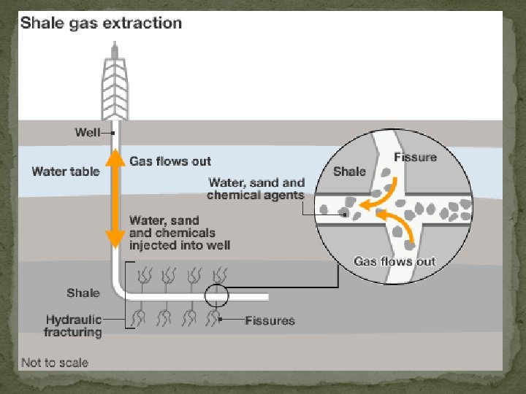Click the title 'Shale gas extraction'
coord(102,23)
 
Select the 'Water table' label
coord(64,171)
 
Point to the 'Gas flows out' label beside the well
coord(169,161)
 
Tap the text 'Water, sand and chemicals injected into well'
coord(179,232)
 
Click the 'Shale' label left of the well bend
coord(83,293)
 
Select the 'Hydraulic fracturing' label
coord(73,325)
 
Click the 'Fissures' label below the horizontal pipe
coord(270,320)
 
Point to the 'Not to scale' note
coord(54,363)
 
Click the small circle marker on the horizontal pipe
coord(216,295)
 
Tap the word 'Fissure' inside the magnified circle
coord(415,158)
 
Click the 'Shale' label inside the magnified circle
coord(349,171)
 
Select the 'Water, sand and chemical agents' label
coord(256,188)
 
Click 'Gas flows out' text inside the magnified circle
coord(394,260)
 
